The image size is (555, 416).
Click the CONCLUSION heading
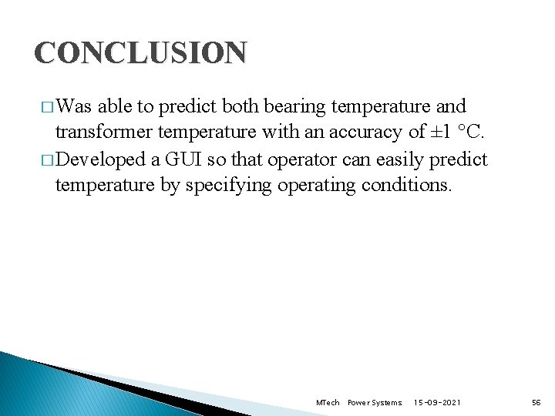click(140, 53)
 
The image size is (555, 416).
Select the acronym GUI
click(182, 159)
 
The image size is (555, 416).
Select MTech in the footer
click(328, 403)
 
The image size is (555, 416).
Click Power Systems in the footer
click(375, 403)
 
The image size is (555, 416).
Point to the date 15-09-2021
click(439, 403)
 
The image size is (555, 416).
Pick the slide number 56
click(536, 403)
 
